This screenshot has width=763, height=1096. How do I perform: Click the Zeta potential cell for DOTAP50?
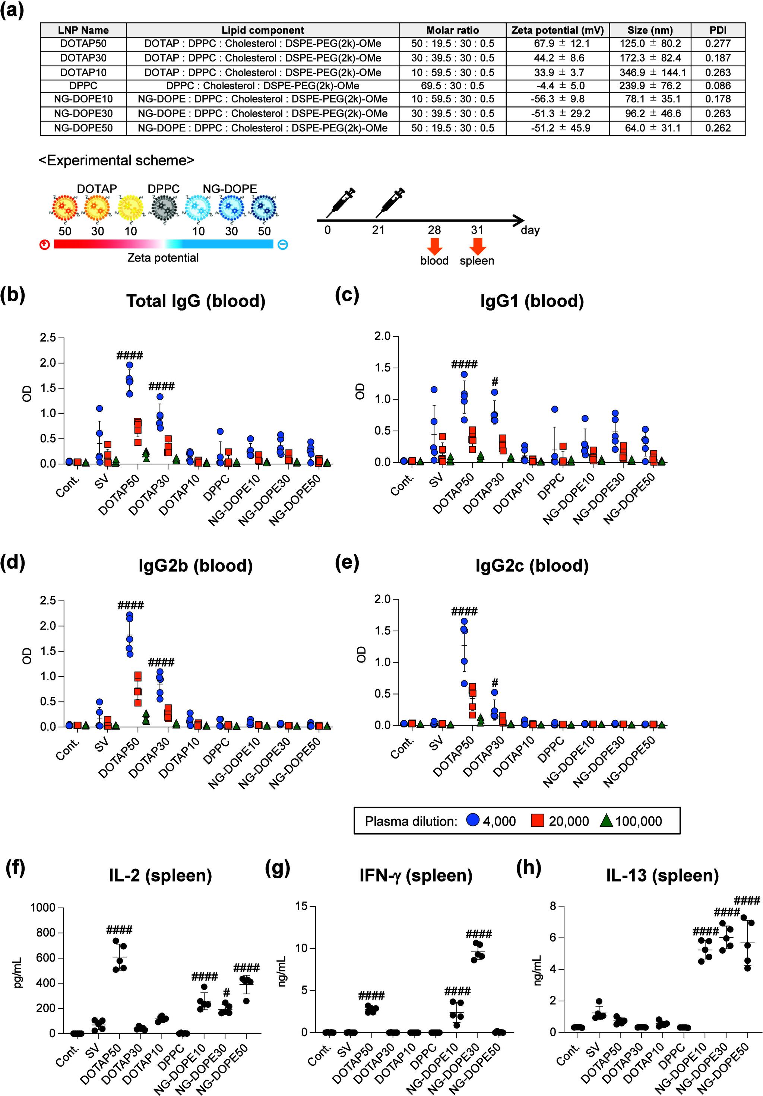pyautogui.click(x=557, y=44)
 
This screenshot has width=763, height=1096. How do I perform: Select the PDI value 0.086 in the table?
pyautogui.click(x=718, y=86)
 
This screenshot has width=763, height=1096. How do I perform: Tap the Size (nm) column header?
pyautogui.click(x=650, y=30)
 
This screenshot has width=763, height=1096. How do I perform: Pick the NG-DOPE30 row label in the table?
pyautogui.click(x=83, y=114)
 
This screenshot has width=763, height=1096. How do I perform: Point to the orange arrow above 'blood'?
pyautogui.click(x=434, y=245)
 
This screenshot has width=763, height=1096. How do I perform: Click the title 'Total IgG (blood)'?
pyautogui.click(x=196, y=301)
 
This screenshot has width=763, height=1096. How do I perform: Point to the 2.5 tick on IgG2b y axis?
pyautogui.click(x=50, y=600)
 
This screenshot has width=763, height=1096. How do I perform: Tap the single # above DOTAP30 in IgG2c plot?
pyautogui.click(x=495, y=683)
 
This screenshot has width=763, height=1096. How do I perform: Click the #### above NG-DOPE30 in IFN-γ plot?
pyautogui.click(x=478, y=934)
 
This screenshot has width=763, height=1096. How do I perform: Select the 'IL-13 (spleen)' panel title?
pyautogui.click(x=662, y=876)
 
